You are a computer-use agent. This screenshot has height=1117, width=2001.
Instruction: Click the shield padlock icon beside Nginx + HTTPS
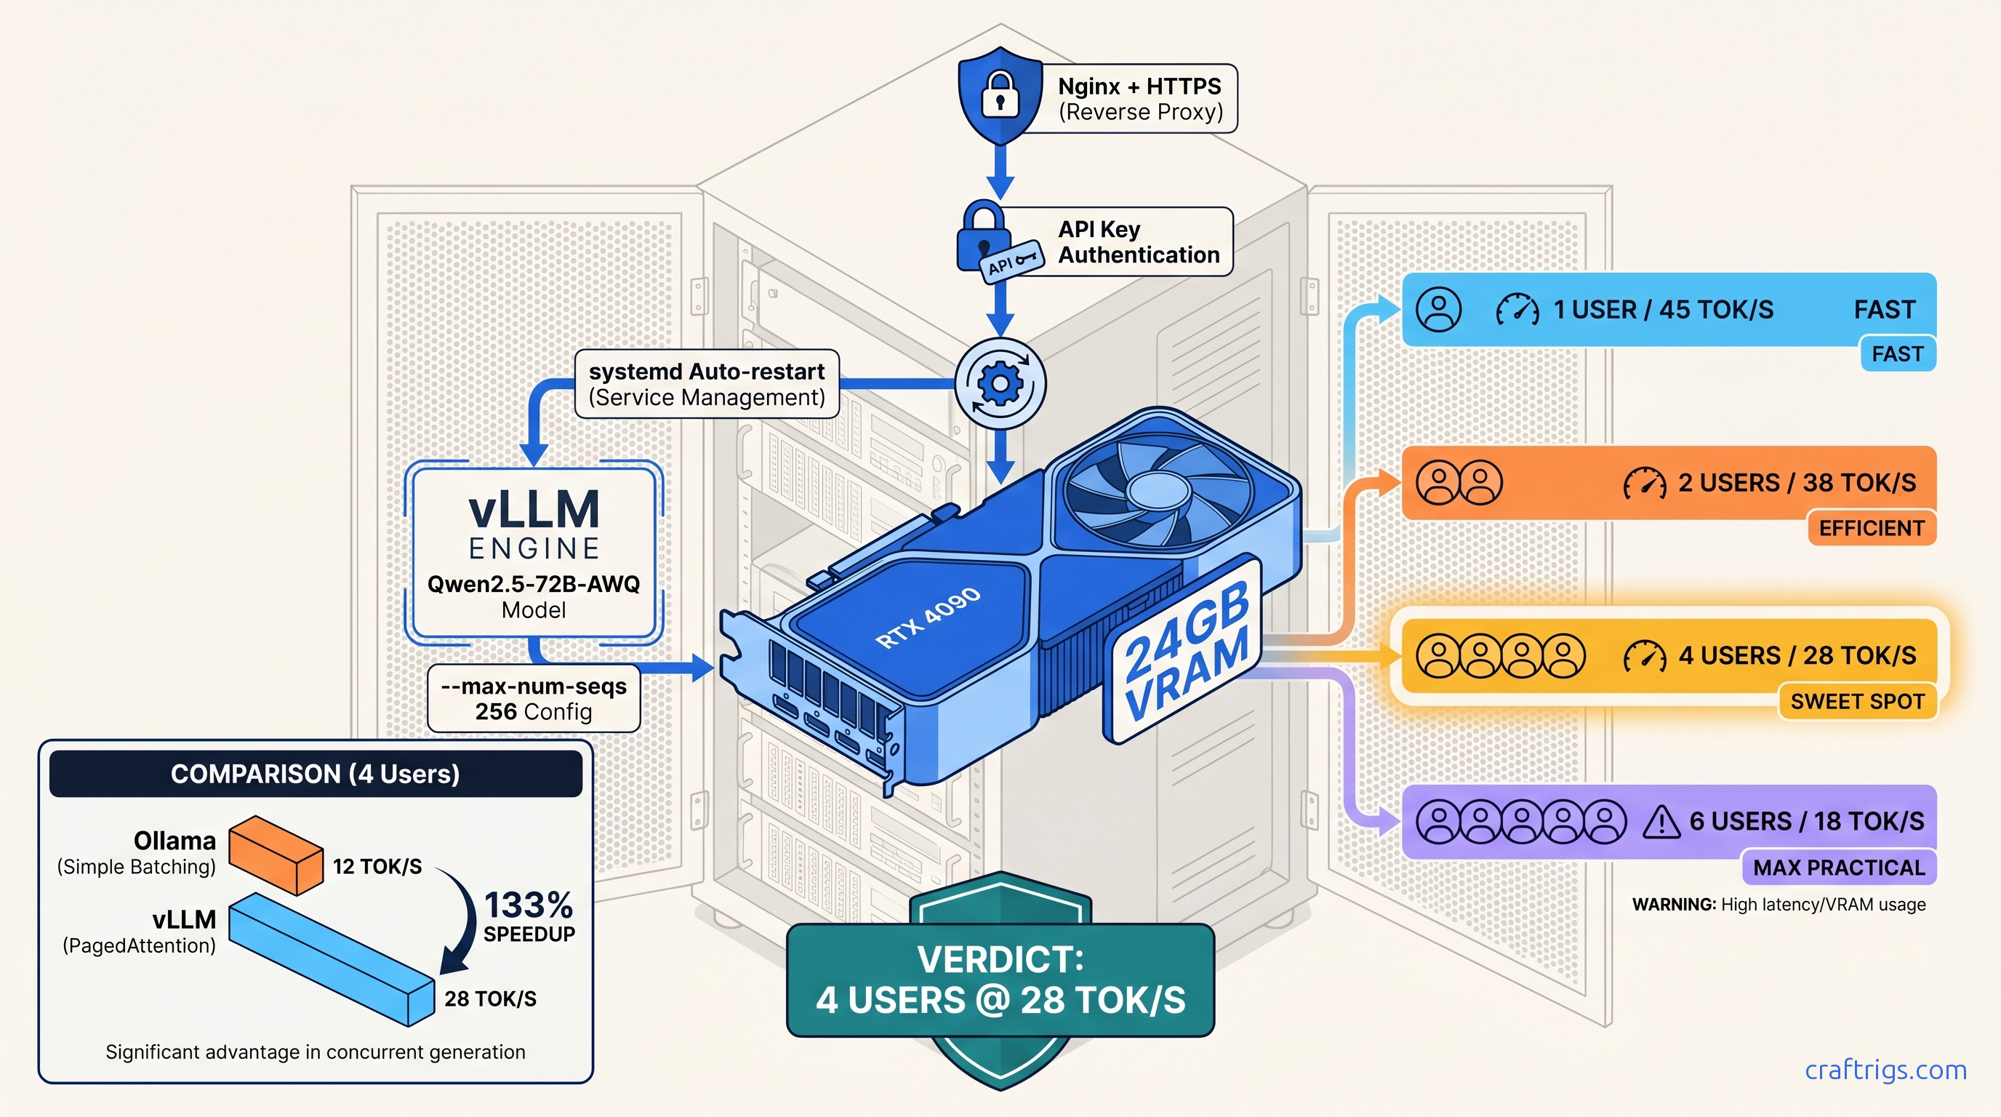pos(1000,95)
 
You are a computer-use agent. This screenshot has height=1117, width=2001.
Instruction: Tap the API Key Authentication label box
pos(1138,241)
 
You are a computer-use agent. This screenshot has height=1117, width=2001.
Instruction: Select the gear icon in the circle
pos(1000,383)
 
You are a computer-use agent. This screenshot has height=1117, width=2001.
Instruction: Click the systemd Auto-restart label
pos(706,384)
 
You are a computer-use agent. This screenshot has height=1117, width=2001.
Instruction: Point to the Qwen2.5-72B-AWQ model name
pos(534,584)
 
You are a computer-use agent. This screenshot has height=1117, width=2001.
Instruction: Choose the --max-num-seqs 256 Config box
pos(534,698)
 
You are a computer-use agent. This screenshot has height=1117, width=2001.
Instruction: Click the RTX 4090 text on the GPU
pos(928,618)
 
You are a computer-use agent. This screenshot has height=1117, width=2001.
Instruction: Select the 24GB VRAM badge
pos(1185,649)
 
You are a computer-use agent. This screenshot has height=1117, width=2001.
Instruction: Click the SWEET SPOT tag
pos(1856,702)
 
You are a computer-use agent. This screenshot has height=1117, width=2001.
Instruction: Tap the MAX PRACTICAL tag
pos(1838,868)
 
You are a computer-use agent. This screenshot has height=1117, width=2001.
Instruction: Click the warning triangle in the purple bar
pos(1661,822)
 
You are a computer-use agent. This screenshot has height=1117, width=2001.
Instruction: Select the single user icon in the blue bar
pos(1439,309)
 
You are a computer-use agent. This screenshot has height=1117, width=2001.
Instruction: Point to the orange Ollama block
pos(276,854)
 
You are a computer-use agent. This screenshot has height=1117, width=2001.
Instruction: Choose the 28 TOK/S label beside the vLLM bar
pos(490,999)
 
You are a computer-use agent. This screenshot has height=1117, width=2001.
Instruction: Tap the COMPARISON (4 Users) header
pos(316,774)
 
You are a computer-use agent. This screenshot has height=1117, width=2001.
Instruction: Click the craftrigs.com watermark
pos(1885,1070)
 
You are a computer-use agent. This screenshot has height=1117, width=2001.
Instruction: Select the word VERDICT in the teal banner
pos(1000,959)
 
